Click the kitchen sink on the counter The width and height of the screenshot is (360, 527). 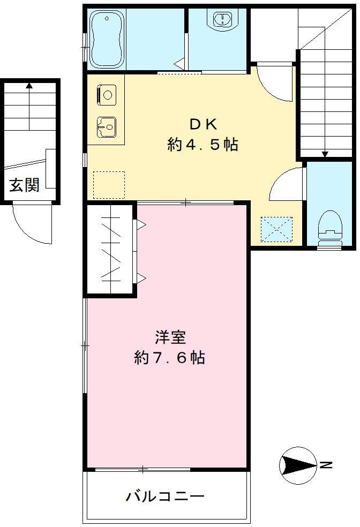point(107,127)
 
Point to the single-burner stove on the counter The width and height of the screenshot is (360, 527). point(107,95)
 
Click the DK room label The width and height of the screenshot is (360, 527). point(204,125)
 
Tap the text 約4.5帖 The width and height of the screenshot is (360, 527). point(203,145)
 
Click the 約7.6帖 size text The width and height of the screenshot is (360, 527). point(170,357)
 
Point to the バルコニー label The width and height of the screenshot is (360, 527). point(165,496)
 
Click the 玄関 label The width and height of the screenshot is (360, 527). point(24,185)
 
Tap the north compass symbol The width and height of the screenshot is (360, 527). point(298,465)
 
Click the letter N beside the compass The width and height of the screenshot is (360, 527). point(326,465)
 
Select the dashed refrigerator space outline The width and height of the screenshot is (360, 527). point(109,185)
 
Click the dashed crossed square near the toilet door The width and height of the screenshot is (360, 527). point(276,229)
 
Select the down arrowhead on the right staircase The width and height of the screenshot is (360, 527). point(325,154)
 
